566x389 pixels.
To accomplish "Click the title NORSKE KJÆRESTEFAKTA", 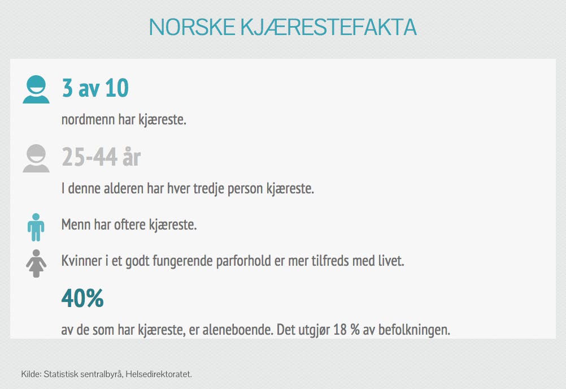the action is [282, 27].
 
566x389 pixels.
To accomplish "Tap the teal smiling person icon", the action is [36, 89].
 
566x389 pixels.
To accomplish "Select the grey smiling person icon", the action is [36, 158].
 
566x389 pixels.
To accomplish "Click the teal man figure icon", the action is [36, 227].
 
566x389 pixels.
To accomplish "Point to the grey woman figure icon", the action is [36, 263].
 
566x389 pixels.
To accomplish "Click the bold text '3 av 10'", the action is [95, 88].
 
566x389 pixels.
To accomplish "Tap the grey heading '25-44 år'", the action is [101, 157].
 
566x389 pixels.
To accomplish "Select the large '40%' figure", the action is [82, 298].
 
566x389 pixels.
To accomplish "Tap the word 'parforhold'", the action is [243, 261].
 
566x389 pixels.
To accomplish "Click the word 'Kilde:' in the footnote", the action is [31, 374].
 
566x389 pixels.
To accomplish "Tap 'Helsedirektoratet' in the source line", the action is [158, 374].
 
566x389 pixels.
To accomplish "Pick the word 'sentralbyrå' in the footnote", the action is [101, 374].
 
